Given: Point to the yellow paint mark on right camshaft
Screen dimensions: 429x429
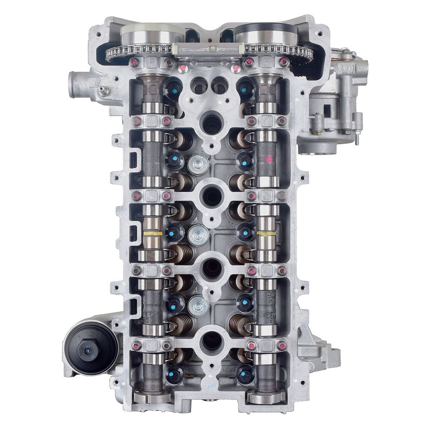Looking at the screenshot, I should coord(266,233).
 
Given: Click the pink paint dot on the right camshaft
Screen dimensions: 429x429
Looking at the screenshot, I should coord(269,159).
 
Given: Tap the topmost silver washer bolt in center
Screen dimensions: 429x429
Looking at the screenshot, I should coord(198,164).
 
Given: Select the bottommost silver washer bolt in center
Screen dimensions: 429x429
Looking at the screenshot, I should coord(198,306).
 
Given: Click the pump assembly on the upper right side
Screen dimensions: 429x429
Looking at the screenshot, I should coord(335,105).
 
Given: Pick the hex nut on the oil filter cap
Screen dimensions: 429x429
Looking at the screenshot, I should coord(89,350).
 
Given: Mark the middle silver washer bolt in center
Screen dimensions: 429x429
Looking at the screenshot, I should coord(198,235).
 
